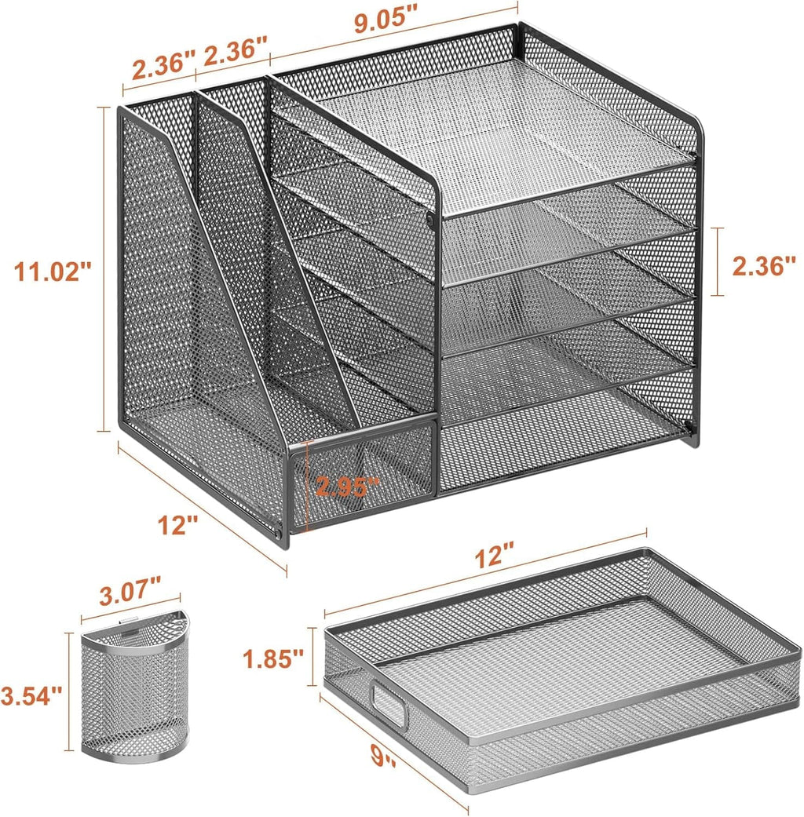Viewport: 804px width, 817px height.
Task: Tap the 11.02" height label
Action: click(x=53, y=272)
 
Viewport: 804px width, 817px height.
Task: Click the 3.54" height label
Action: click(x=31, y=695)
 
